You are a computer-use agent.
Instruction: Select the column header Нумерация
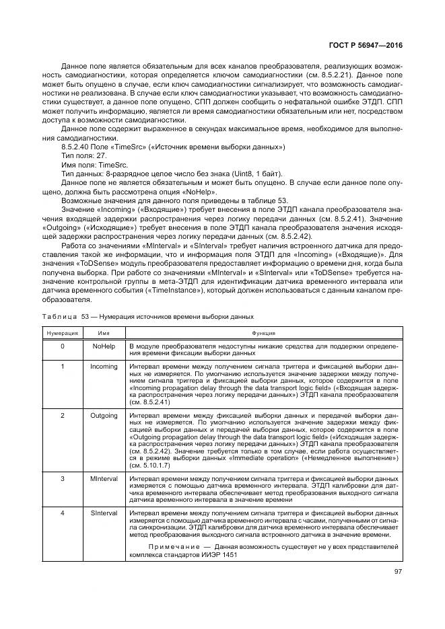[62, 332]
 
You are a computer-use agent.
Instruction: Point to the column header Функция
[263, 332]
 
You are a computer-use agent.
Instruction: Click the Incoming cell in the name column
[103, 367]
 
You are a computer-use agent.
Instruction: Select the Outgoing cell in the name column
[103, 416]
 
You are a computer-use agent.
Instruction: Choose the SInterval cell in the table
[103, 513]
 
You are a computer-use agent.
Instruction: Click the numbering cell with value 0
[62, 346]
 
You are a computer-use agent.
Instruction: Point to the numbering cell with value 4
[62, 513]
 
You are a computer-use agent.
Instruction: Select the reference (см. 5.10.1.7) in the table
[151, 465]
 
